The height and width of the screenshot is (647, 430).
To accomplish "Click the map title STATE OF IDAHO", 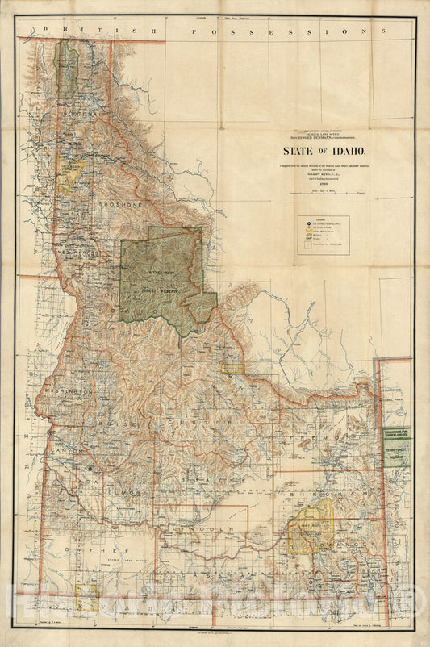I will coord(323,150).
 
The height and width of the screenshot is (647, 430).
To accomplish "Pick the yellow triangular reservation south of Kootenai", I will coord(72,174).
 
